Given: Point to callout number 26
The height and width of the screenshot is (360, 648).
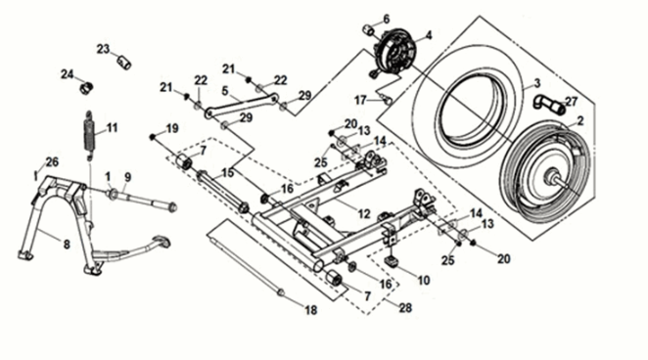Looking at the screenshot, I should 52,162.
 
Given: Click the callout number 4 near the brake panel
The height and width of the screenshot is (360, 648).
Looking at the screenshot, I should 427,35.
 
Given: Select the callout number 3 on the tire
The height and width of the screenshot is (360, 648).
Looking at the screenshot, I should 535,84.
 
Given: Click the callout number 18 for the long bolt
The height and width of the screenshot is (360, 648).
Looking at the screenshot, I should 311,311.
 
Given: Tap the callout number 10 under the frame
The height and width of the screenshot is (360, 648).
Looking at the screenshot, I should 424,281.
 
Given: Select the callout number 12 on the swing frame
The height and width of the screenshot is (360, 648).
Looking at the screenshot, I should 363,212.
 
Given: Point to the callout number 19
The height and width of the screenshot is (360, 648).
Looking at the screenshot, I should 172,129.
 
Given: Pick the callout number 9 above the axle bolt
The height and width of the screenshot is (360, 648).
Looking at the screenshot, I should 126,176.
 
